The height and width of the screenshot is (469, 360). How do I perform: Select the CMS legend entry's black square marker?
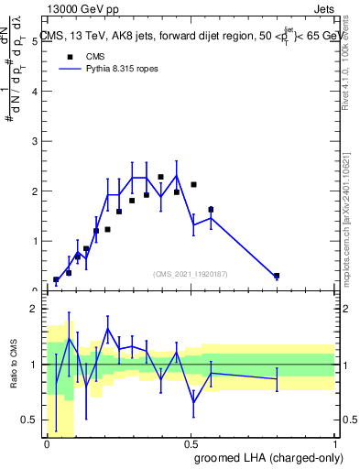[67, 55]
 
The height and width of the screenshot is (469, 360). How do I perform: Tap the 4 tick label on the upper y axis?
[34, 92]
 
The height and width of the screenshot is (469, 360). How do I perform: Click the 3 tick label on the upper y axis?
[34, 142]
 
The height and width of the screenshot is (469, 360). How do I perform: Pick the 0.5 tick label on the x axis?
[191, 444]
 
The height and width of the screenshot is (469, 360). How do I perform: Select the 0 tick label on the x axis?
[48, 444]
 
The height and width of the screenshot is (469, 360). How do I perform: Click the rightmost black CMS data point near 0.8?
[277, 275]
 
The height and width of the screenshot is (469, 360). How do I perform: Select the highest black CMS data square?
[161, 177]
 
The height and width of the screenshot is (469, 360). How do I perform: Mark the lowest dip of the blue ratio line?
[194, 401]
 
